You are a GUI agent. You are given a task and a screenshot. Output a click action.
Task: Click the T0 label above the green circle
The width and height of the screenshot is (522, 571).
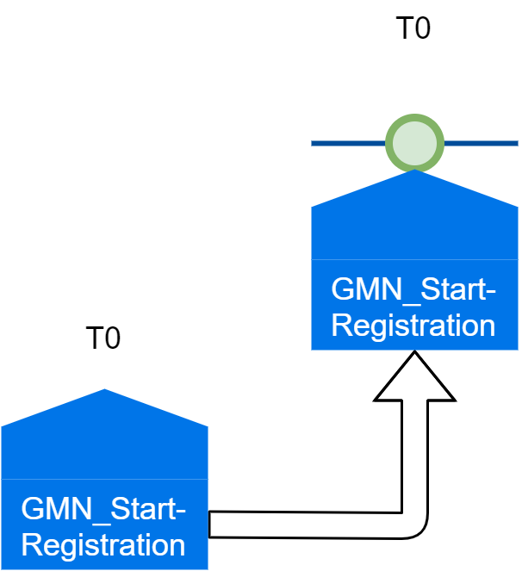tap(413, 28)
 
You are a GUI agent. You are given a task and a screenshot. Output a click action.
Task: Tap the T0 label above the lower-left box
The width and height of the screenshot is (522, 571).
tap(103, 338)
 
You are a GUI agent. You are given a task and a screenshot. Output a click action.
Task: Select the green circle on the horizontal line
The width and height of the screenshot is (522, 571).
tap(414, 141)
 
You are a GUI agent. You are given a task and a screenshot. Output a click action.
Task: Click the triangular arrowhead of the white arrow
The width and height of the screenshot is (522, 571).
tap(414, 379)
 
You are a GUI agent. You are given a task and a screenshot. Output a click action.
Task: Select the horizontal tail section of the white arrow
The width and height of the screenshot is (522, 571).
tap(301, 524)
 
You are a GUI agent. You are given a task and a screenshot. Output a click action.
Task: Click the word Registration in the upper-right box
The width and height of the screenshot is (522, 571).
tap(414, 326)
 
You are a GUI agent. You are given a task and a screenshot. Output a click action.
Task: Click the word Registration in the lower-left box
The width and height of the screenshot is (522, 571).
tap(103, 545)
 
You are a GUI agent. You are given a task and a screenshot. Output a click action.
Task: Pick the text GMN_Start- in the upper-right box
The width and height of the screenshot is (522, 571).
tap(414, 290)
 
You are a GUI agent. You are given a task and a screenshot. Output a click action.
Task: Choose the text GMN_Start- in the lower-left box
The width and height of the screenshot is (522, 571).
tap(103, 509)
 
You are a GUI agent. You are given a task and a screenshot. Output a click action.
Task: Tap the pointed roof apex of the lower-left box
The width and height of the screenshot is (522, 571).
tap(104, 392)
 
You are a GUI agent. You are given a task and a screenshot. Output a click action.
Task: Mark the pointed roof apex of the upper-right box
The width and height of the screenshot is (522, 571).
tap(414, 172)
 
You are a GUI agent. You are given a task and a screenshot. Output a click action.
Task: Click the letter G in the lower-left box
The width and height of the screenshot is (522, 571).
tap(31, 509)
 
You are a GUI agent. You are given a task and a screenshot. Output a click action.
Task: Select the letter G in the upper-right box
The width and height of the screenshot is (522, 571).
tap(342, 290)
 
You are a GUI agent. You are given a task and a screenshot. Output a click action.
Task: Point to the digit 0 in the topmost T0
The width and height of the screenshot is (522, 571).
tap(421, 28)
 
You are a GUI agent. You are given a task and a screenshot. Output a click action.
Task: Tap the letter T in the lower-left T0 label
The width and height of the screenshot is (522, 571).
tap(94, 338)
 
